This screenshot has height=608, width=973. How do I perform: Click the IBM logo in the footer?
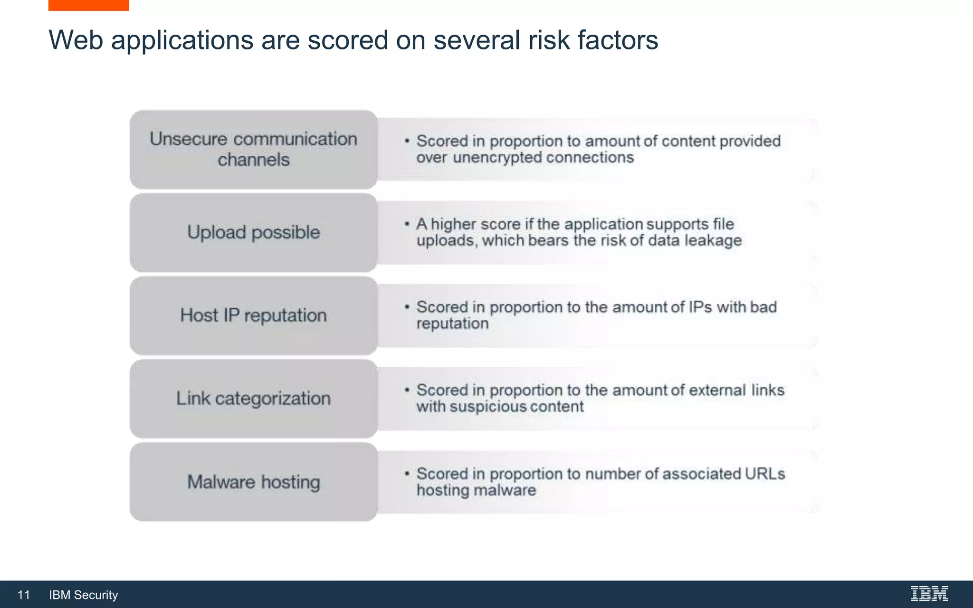click(x=929, y=594)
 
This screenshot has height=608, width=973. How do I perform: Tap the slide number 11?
click(x=24, y=595)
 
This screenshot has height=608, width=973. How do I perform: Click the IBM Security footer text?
click(x=83, y=595)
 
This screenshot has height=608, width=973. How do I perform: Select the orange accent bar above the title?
click(x=88, y=5)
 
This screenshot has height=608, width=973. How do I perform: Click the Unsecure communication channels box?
click(x=253, y=149)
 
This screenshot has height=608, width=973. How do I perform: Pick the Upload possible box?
click(x=253, y=232)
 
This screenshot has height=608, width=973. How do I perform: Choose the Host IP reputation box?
click(x=253, y=315)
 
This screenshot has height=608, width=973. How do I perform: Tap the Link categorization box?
click(x=253, y=399)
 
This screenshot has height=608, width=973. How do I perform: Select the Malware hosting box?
click(x=253, y=482)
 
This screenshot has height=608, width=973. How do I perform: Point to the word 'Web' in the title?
click(x=76, y=40)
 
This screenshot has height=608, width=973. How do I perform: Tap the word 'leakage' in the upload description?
click(x=713, y=241)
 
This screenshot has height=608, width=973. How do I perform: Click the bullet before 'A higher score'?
click(x=407, y=223)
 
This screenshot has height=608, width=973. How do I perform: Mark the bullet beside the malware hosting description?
click(x=407, y=474)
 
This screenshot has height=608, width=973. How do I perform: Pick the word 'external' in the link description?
click(x=717, y=390)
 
